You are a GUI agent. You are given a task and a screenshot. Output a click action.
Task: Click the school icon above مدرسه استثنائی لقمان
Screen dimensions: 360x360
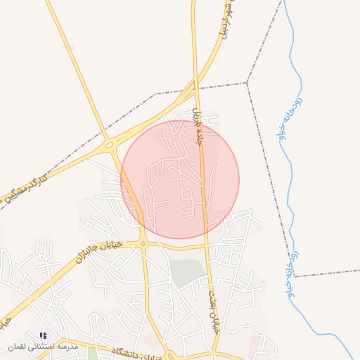tap(43, 336)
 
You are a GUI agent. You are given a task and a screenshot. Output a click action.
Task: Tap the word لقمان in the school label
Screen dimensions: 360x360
tap(16, 347)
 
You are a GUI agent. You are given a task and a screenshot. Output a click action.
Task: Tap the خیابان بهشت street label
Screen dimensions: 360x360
tap(212, 295)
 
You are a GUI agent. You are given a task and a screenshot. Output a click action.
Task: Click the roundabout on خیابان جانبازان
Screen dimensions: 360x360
tap(143, 244)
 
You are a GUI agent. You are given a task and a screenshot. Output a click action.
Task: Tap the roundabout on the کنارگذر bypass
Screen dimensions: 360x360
tap(110, 146)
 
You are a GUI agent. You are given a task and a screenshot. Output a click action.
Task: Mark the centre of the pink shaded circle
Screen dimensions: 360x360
tap(180, 180)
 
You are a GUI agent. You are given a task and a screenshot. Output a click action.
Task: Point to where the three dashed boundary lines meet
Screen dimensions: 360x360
tap(247, 83)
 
